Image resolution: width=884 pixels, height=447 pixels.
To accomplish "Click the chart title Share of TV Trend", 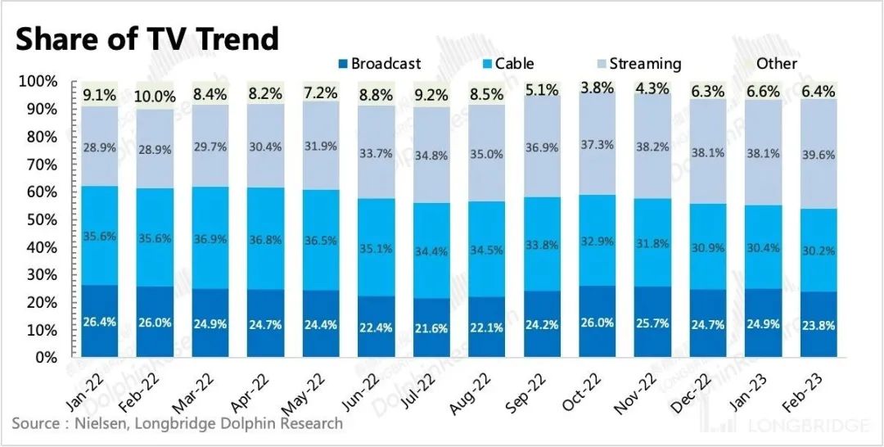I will [x=147, y=38].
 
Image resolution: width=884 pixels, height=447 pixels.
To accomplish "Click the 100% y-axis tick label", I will [x=36, y=82].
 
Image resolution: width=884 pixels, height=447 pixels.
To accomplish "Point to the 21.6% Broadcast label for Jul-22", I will [x=431, y=328].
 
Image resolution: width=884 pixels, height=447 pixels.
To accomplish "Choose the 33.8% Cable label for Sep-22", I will [x=541, y=243].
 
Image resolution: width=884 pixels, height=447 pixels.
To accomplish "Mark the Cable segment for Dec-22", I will [x=707, y=246].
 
